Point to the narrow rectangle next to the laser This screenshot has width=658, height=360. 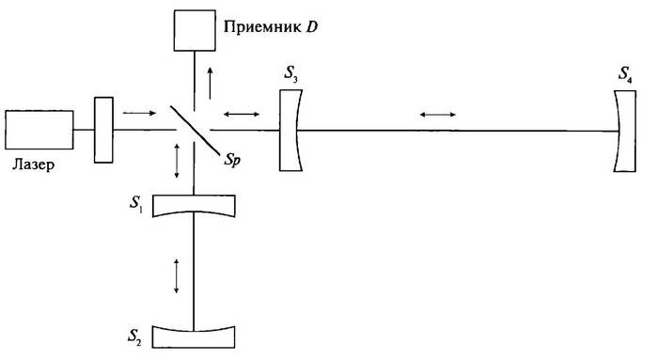point(102,130)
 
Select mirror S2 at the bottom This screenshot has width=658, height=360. point(194,334)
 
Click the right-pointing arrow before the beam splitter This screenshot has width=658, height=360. point(137,114)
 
